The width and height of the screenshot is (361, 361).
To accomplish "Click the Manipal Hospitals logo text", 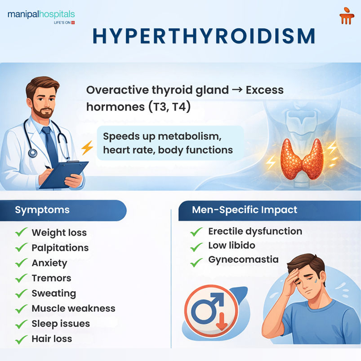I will tap(41, 15).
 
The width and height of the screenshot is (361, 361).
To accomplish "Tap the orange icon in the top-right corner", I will tap(347, 16).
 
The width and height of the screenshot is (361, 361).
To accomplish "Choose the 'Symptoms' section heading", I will tap(42, 210).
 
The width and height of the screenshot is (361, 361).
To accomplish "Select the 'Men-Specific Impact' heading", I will tap(245, 210).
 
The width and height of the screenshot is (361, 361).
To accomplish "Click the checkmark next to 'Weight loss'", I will tap(21, 232).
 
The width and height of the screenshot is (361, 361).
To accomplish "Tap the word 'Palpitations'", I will tap(60, 248).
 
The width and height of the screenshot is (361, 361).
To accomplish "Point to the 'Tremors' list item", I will tap(51, 278).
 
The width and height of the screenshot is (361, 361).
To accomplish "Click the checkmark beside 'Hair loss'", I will tap(21, 339).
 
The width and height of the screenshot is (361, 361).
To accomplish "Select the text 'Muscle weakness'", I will tap(73, 308).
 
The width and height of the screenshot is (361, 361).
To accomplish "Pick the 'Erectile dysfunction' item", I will tap(255, 232).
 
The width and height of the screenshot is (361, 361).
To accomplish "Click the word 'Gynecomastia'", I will tap(243, 259).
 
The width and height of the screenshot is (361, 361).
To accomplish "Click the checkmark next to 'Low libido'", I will tap(196, 246).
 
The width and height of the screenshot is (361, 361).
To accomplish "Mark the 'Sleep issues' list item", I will tap(61, 324).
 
